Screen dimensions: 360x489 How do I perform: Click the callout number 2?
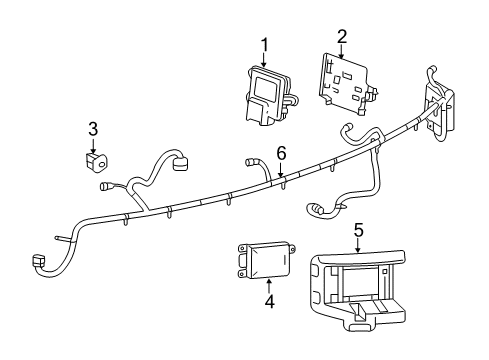341,36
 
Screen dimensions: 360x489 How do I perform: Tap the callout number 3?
92,128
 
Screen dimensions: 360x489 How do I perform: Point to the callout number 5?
358,229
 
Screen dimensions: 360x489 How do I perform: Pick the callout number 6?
281,153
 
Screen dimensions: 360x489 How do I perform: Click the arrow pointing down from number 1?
265,59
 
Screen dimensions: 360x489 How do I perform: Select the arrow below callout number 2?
341,51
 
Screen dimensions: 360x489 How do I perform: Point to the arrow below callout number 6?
281,170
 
